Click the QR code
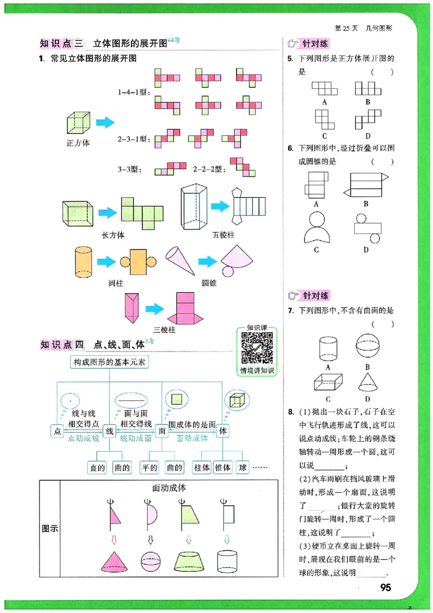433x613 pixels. click(256, 348)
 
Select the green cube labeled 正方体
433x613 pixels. click(78, 123)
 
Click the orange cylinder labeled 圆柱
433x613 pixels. click(83, 262)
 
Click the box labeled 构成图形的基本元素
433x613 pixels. click(110, 363)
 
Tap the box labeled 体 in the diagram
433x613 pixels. click(222, 431)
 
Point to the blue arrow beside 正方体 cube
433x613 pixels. click(105, 123)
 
